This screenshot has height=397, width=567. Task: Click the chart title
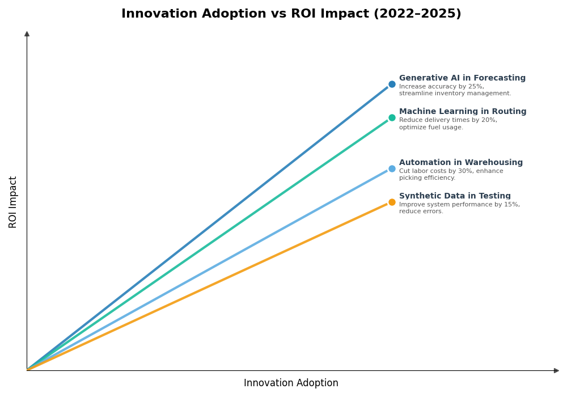coord(291,14)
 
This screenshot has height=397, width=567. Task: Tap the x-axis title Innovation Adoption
coord(291,383)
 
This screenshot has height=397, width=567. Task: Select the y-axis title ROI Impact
coord(13,202)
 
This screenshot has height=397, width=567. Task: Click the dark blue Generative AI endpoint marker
coord(392,85)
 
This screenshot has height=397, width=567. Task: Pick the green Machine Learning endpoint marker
coord(392,118)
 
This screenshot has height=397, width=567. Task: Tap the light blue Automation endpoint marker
coord(392,168)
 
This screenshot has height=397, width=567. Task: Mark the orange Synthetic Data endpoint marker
coord(392,202)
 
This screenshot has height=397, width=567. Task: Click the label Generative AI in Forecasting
coord(462,78)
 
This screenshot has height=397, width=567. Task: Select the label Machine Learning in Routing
coord(463,112)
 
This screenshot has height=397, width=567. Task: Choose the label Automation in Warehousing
coord(461,163)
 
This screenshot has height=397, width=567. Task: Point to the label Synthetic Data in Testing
coord(455,196)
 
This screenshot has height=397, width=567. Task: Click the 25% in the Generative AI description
coord(476,87)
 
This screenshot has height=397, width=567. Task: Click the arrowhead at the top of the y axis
coord(27,34)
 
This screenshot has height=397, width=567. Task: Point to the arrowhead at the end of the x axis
coord(556,370)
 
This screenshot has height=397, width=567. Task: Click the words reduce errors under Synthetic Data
coord(421,212)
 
